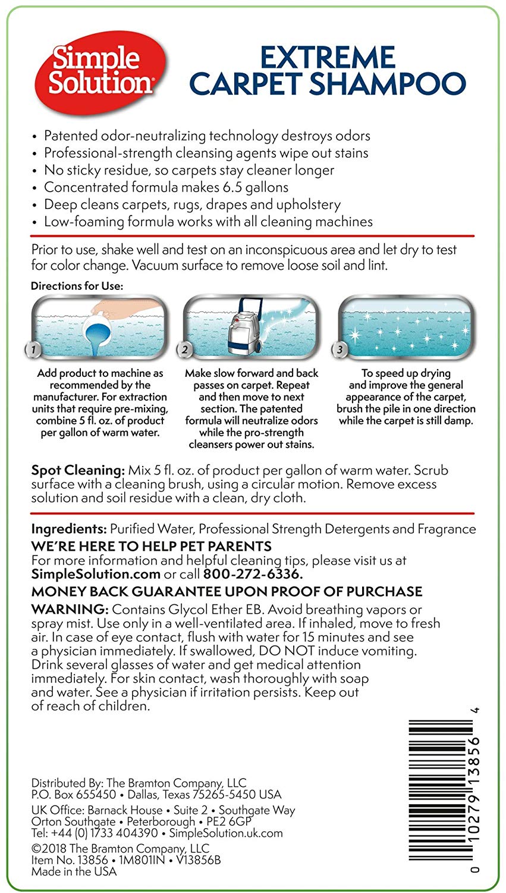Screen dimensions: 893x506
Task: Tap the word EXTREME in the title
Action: tap(328, 58)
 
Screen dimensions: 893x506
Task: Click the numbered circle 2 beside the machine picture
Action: tap(186, 350)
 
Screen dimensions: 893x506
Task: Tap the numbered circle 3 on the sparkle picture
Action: tap(340, 350)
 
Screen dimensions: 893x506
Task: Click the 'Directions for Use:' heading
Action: tap(77, 286)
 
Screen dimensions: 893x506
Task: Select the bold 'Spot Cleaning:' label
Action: tap(78, 470)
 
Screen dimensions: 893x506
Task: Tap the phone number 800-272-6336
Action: tap(253, 574)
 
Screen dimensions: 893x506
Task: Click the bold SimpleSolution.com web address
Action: tap(96, 574)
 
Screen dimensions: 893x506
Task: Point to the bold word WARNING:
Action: tap(70, 610)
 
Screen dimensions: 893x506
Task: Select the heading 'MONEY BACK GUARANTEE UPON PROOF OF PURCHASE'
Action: tap(227, 592)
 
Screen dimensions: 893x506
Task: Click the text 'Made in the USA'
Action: tap(74, 872)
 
